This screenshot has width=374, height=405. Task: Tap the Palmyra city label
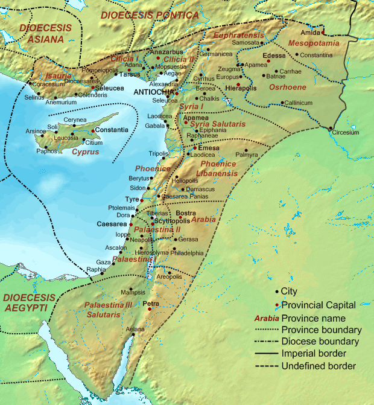(x=246, y=155)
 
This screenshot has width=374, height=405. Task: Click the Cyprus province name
(x=84, y=151)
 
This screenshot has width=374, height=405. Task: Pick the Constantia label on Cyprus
(x=112, y=130)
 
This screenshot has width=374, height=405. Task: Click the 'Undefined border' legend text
(x=319, y=366)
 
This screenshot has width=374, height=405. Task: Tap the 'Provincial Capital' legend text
(x=319, y=305)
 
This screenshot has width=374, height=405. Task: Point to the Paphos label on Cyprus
(x=46, y=151)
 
